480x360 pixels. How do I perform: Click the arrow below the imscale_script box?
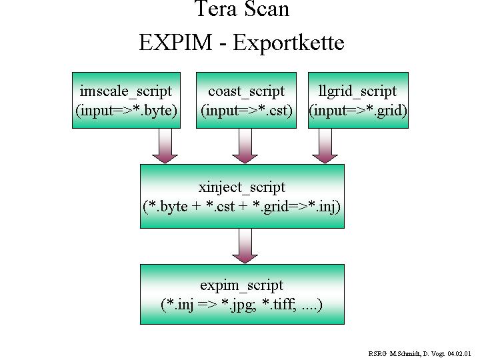point(165,146)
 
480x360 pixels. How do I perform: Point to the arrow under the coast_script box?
point(245,146)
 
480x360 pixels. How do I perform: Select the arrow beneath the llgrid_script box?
point(325,146)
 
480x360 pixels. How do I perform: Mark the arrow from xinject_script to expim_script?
point(245,246)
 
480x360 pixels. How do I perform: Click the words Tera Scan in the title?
point(241,9)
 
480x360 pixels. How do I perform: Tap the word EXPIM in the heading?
point(175,43)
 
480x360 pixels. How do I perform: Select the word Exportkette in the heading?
point(289,43)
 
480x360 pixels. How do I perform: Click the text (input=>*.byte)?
point(126,110)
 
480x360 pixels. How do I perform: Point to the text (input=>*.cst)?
point(247,110)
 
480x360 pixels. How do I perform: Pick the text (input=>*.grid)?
point(358,110)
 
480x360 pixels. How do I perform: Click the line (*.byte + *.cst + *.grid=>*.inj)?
point(242,206)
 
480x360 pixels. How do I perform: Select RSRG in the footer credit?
point(377,353)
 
